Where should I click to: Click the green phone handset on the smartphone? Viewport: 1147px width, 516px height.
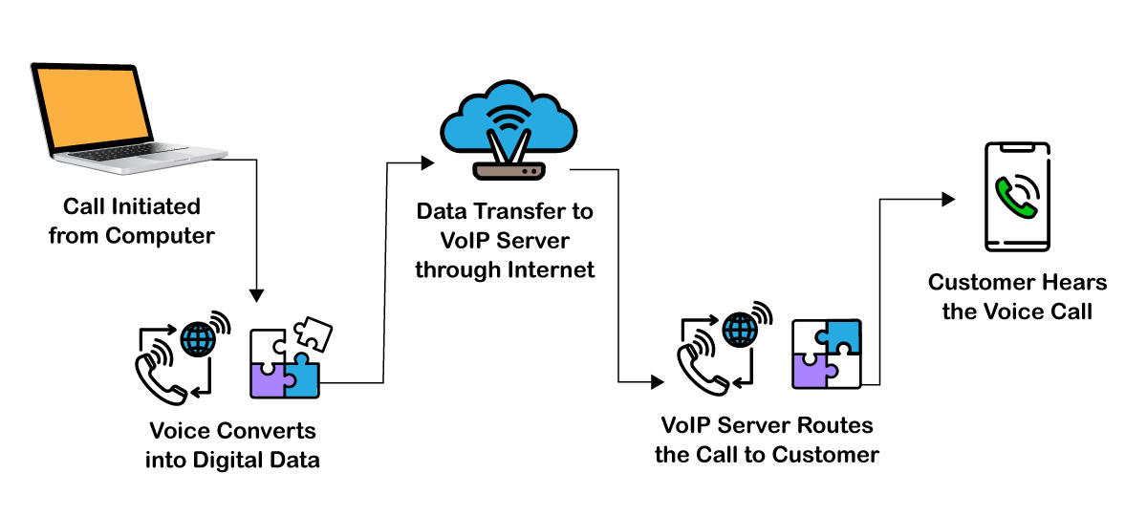coord(1009,196)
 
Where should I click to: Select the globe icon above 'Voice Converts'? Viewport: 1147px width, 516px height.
coord(199,338)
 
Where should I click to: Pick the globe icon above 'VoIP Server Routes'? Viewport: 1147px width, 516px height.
coord(740,330)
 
